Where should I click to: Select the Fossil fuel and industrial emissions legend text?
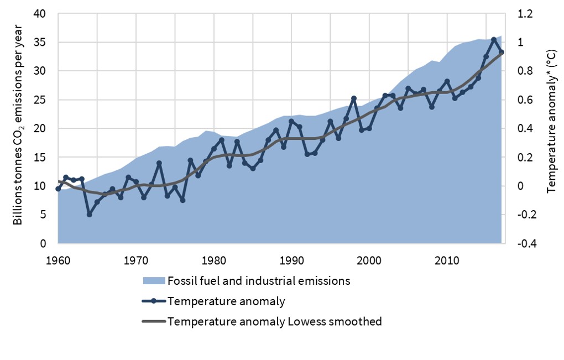[259, 281]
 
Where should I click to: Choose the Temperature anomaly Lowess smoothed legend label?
[274, 321]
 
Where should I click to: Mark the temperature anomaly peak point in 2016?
[494, 40]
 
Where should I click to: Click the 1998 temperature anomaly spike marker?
[354, 98]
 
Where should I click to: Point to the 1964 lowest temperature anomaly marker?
[89, 214]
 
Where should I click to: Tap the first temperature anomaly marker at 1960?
[58, 189]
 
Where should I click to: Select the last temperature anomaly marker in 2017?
[502, 52]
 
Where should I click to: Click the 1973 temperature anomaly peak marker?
[159, 163]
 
